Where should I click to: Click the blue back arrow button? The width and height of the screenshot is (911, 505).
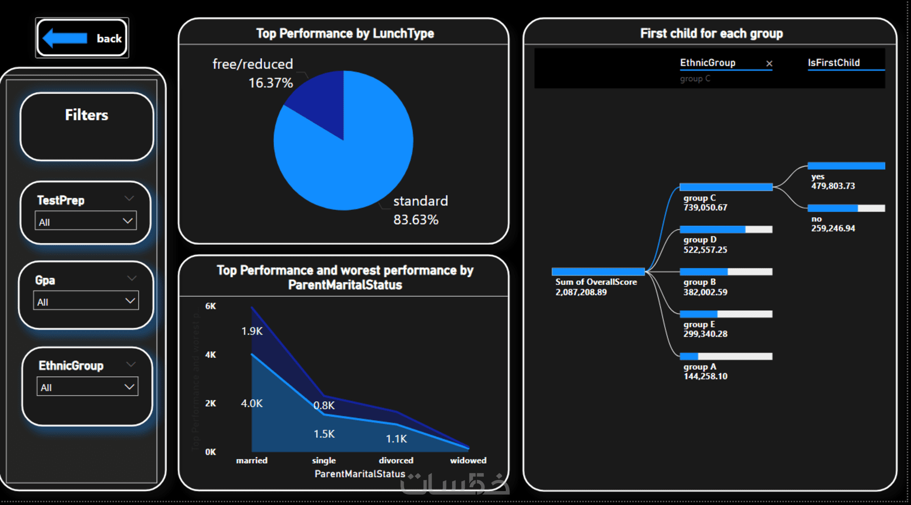(82, 38)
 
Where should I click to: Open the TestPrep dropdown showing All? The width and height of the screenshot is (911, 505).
(85, 221)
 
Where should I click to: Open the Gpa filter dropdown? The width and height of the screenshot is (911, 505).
(86, 301)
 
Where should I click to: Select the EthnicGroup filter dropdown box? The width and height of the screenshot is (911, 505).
(87, 387)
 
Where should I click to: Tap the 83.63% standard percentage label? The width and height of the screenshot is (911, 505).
(416, 220)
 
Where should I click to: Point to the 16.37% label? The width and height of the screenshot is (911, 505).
(270, 83)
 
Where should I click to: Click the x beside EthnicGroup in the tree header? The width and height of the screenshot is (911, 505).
(769, 64)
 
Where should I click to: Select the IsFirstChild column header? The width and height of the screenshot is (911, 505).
(833, 63)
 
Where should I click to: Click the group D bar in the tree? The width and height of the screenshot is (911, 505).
(725, 230)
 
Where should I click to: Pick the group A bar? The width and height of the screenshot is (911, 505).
(725, 357)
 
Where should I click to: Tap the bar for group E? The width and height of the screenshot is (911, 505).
(725, 314)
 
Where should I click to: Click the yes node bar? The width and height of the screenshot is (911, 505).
(846, 166)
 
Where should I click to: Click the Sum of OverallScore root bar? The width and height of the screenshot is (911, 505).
(597, 272)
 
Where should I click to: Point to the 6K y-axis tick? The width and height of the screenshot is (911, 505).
(210, 306)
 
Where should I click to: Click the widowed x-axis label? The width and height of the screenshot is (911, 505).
(468, 460)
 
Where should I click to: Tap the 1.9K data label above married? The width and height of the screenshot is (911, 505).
(252, 331)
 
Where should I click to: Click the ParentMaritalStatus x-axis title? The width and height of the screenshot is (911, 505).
(359, 474)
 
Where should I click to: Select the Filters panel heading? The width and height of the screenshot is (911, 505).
(86, 115)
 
